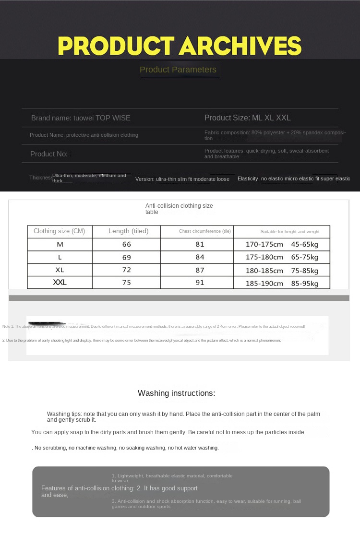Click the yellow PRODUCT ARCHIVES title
[x=180, y=46]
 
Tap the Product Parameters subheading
[x=178, y=70]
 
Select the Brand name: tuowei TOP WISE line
[x=81, y=118]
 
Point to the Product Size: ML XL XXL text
[x=247, y=118]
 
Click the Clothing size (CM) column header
[x=60, y=231]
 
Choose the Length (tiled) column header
[x=128, y=231]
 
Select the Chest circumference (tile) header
[x=205, y=231]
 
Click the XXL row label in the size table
[x=60, y=283]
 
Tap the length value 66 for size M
[x=127, y=244]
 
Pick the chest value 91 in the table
[x=200, y=283]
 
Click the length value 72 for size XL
[x=127, y=270]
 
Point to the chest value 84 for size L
[x=200, y=257]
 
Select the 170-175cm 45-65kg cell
[x=282, y=244]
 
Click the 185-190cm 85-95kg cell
[x=282, y=283]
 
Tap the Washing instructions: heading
[x=177, y=393]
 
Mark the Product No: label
[x=49, y=154]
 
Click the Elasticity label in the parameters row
[x=248, y=179]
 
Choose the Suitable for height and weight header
[x=290, y=232]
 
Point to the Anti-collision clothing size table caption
[x=179, y=209]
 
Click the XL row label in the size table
[x=60, y=270]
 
